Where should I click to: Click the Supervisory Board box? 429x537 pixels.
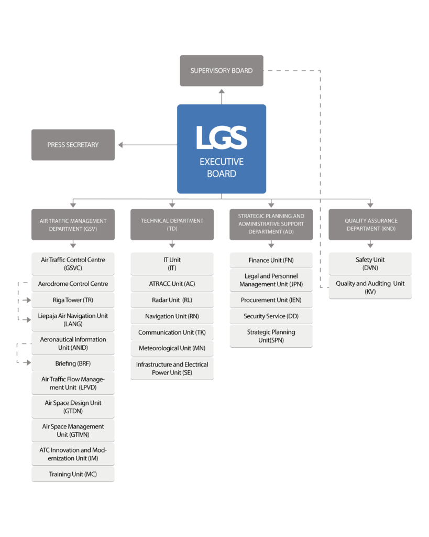coord(222,71)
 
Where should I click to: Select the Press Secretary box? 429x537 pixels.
coord(73,145)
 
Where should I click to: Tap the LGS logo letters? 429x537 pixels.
coord(222,137)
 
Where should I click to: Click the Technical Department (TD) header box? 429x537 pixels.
coord(172,224)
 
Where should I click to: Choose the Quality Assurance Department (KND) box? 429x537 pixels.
coord(370,224)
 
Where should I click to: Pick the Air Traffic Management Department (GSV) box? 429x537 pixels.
coord(73,224)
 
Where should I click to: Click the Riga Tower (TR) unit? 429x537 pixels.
coord(73,300)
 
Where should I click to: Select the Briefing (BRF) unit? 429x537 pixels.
coord(73,363)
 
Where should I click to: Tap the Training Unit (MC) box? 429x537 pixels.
coord(73,474)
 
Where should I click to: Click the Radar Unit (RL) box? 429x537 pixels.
coord(172,300)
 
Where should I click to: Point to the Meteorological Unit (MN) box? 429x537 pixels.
coord(172,348)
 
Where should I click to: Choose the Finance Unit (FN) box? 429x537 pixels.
coord(271,260)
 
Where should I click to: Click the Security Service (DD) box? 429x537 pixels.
coord(271,316)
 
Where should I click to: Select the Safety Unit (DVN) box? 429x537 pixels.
coord(370,263)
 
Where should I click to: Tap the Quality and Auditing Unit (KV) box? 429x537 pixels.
coord(370,287)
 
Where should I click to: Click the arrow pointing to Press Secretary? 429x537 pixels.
coord(121,145)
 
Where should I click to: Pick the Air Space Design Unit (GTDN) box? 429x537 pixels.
coord(73,407)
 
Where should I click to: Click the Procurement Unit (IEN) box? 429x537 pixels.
coord(271,300)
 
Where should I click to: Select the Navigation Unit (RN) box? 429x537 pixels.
coord(172,316)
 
